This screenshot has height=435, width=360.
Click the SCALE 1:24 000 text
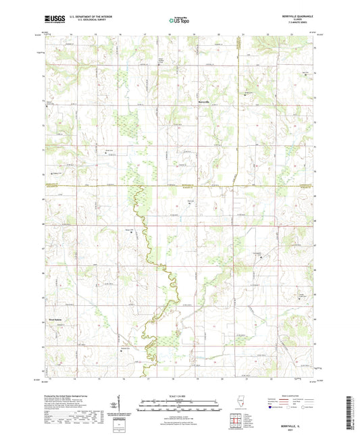[x=180, y=396]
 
